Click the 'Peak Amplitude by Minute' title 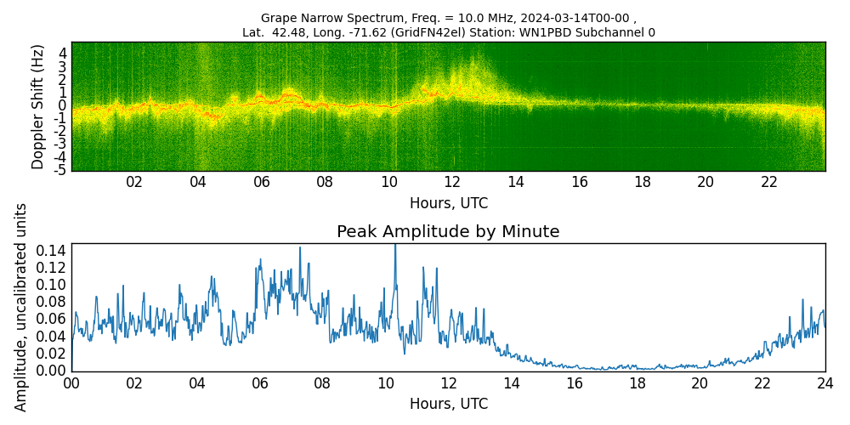point(448,232)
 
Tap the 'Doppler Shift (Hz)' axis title point(38,106)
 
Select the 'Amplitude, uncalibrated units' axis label point(21,307)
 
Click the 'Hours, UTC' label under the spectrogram point(448,203)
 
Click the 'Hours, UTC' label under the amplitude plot point(448,404)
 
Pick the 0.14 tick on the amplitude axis point(53,251)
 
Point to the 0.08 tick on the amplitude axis point(53,302)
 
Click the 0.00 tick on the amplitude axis point(53,371)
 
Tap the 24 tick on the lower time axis point(824,383)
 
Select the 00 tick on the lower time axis point(71,383)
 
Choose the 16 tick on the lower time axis point(574,383)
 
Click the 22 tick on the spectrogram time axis point(769,182)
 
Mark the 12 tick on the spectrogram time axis point(452,182)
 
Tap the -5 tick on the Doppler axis point(61,170)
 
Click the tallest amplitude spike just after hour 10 point(394,246)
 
